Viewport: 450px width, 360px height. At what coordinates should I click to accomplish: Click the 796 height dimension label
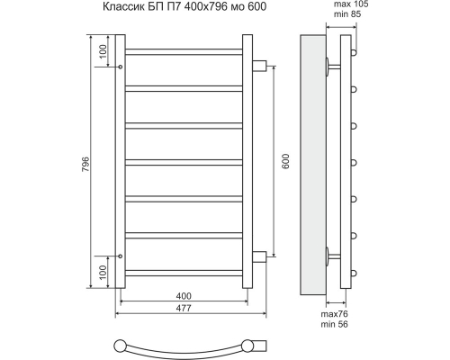[x=85, y=164]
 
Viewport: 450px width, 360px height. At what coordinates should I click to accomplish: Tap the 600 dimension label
[x=285, y=161]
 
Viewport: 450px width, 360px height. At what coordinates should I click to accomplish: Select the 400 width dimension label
[x=184, y=296]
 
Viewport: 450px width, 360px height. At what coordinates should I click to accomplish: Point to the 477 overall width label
[x=184, y=308]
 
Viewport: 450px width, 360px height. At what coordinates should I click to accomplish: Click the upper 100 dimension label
[x=103, y=51]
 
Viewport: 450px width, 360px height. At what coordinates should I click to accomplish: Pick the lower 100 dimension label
[x=103, y=273]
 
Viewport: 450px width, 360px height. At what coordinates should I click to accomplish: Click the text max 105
[x=351, y=4]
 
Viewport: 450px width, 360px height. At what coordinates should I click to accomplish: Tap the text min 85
[x=347, y=14]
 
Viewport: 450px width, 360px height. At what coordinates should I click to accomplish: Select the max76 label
[x=335, y=314]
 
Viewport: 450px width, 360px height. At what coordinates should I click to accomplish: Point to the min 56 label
[x=335, y=324]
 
